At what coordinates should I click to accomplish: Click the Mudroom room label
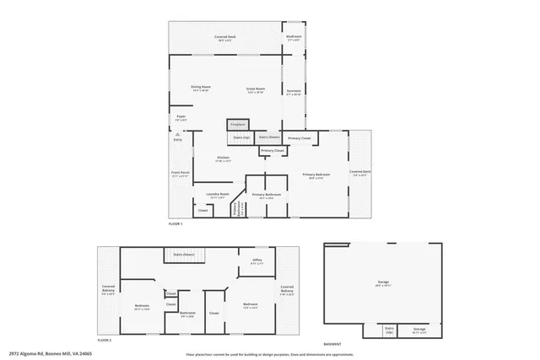coord(294,37)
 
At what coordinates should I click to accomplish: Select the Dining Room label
coord(200,88)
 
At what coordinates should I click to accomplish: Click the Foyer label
coord(181,117)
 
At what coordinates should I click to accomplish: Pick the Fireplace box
coord(237,125)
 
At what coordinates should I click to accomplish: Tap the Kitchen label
coord(224,158)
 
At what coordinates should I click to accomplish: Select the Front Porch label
coord(181,174)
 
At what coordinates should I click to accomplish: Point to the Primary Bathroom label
coord(266,195)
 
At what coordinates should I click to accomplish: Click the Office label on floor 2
coord(256,261)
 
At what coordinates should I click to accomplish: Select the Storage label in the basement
coord(419,330)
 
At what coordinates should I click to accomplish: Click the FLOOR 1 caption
coord(175,223)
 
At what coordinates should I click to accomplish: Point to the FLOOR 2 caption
coord(104,339)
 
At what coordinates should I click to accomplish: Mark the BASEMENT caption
coord(332,344)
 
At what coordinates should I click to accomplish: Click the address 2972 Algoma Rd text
coord(50,353)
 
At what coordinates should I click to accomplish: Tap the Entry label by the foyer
coord(178,139)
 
